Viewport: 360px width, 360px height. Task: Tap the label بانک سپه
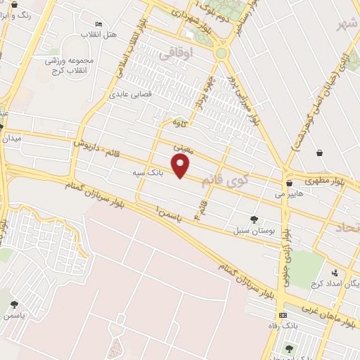pyautogui.click(x=146, y=171)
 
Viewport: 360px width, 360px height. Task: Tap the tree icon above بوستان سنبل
pyautogui.click(x=254, y=220)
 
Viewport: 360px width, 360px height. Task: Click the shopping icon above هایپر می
pyautogui.click(x=289, y=183)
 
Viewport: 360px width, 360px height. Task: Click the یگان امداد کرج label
pyautogui.click(x=337, y=283)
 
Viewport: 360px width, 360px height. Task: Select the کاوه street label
pyautogui.click(x=181, y=122)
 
